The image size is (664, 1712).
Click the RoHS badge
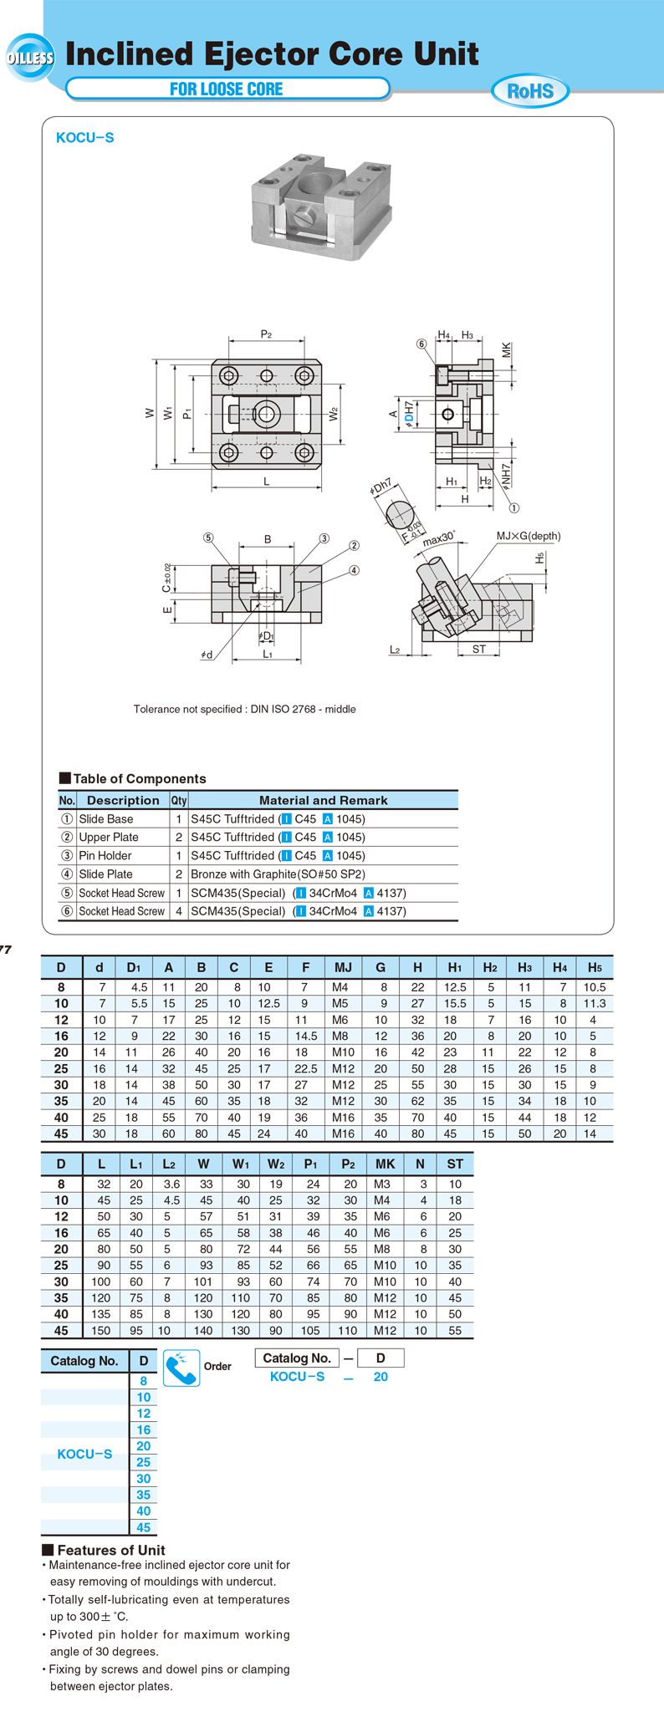pyautogui.click(x=530, y=91)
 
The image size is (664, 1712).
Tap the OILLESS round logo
pyautogui.click(x=30, y=58)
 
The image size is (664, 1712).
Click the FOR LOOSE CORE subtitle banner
pyautogui.click(x=227, y=89)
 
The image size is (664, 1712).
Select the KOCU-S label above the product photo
pyautogui.click(x=84, y=138)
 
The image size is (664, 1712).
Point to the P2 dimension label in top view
pyautogui.click(x=266, y=334)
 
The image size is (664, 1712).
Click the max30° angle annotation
pyautogui.click(x=438, y=538)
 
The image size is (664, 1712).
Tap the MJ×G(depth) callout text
pyautogui.click(x=529, y=536)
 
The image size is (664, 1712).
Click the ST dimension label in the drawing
pyautogui.click(x=478, y=649)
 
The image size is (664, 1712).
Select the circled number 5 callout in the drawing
pyautogui.click(x=208, y=538)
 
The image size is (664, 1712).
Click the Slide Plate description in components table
pyautogui.click(x=105, y=874)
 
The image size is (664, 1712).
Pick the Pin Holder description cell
pyautogui.click(x=105, y=855)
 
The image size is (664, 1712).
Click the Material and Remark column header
pyautogui.click(x=323, y=800)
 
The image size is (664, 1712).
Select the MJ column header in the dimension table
pyautogui.click(x=343, y=967)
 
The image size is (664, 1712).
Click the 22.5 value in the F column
pyautogui.click(x=306, y=1068)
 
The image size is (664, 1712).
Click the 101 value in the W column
pyautogui.click(x=203, y=1281)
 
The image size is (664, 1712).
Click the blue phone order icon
pyautogui.click(x=181, y=1368)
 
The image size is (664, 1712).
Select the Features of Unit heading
pyautogui.click(x=110, y=1549)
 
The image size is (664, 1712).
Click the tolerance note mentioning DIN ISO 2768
pyautogui.click(x=245, y=709)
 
